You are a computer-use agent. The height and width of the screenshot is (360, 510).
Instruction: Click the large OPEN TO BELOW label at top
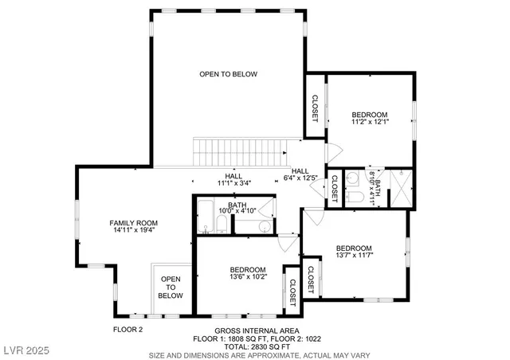click(228, 74)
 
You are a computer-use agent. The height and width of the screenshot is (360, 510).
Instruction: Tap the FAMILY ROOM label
click(134, 226)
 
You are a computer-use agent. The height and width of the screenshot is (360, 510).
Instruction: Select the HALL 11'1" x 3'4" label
click(233, 179)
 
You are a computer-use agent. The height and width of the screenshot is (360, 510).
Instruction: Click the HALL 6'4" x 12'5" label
click(300, 174)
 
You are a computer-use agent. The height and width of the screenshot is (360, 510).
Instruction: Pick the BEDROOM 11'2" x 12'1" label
click(370, 119)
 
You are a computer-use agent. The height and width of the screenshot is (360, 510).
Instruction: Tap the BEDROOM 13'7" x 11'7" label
click(354, 251)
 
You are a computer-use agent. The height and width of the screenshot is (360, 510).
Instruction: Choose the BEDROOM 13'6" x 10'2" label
click(248, 273)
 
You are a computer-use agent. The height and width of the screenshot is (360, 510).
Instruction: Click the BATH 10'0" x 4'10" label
click(237, 209)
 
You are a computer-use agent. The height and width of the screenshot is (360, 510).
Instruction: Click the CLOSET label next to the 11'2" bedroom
click(315, 108)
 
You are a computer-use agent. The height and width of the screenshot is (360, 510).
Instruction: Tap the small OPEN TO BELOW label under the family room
click(171, 287)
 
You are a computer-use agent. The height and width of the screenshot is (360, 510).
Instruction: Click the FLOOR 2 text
click(127, 329)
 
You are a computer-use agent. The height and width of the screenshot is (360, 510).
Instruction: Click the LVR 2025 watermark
click(24, 350)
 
